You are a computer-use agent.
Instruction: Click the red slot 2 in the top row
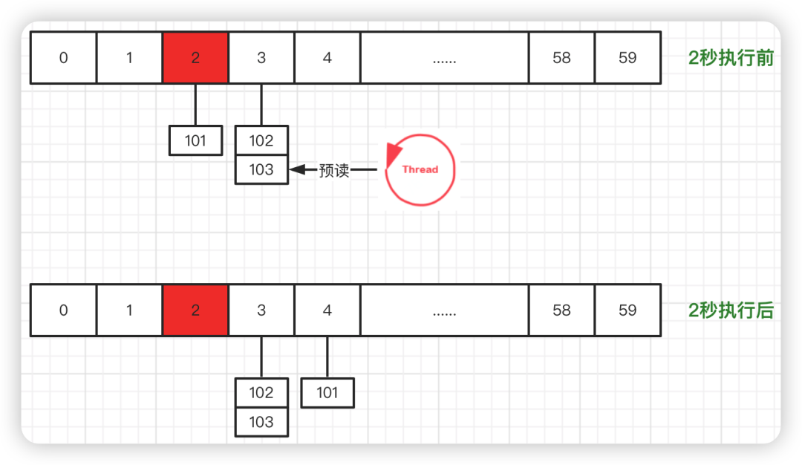tap(195, 58)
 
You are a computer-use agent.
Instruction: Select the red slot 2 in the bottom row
tap(195, 310)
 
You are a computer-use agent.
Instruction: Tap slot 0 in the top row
tap(63, 58)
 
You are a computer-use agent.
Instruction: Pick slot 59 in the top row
tap(627, 58)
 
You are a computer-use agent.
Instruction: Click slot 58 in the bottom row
tap(561, 310)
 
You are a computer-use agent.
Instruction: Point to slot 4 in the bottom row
tap(327, 310)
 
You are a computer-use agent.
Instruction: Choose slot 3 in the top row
tap(261, 58)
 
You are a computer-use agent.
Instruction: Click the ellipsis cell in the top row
tap(444, 58)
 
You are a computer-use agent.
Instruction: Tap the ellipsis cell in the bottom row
tap(444, 310)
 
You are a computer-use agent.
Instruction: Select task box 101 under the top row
tap(195, 140)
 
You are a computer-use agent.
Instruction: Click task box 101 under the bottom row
tap(327, 393)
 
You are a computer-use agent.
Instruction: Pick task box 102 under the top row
tap(261, 140)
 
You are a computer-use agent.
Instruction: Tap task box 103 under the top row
tap(261, 169)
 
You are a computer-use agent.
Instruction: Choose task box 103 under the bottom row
tap(261, 422)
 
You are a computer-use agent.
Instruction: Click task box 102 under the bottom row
tap(261, 393)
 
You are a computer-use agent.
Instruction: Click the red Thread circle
tap(420, 169)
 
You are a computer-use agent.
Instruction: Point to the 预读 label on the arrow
tap(334, 170)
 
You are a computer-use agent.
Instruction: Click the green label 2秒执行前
tap(731, 58)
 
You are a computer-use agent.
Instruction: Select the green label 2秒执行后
tap(731, 310)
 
